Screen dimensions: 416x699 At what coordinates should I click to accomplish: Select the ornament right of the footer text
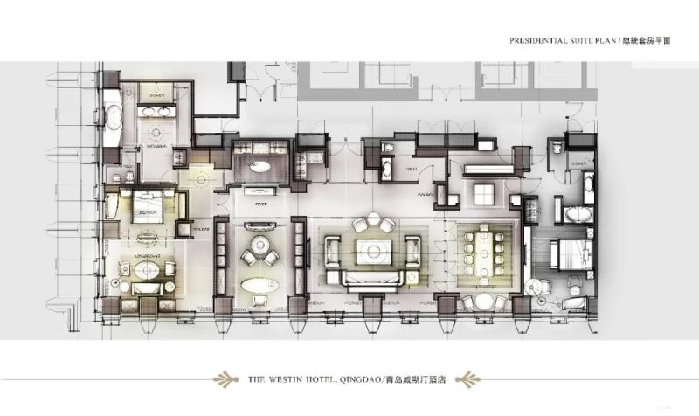point(469,379)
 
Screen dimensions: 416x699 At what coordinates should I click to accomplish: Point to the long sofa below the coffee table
point(373,281)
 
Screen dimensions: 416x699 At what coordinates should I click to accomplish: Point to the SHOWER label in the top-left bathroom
point(157,96)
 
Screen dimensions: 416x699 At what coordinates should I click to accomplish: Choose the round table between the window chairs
point(483,302)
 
